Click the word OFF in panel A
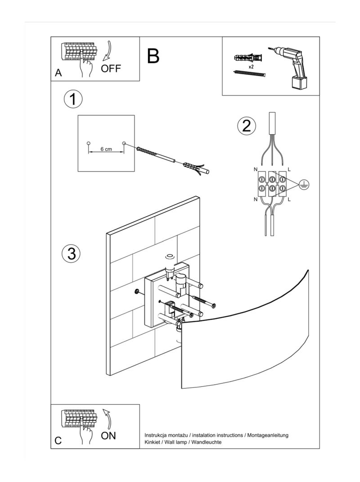click(x=111, y=69)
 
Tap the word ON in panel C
click(x=108, y=436)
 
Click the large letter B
click(x=153, y=57)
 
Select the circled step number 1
click(x=73, y=99)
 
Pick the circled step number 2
click(x=246, y=126)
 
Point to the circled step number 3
click(x=71, y=253)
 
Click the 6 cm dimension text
click(x=106, y=149)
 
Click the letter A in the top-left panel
click(x=58, y=73)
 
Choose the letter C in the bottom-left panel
click(x=58, y=441)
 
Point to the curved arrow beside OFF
click(x=108, y=51)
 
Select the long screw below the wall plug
click(x=250, y=73)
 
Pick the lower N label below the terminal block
click(x=256, y=199)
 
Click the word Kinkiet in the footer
click(x=153, y=442)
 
